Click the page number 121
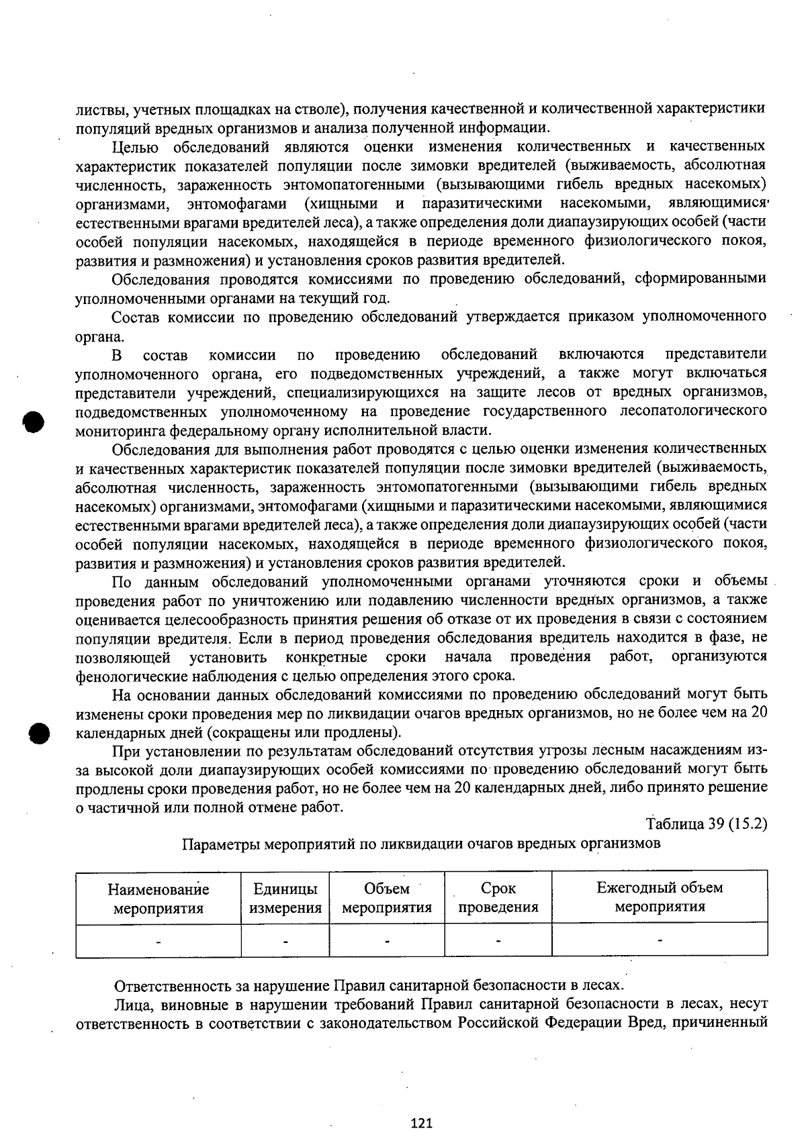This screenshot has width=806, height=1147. point(421,1123)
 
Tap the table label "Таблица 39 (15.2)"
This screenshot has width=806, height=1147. point(707,824)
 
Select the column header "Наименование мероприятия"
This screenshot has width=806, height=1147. point(159,899)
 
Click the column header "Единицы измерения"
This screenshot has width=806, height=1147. point(285,899)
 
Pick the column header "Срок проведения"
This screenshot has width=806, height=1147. point(498,898)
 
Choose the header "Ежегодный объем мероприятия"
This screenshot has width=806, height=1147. point(660,897)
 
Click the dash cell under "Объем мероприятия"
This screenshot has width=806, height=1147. point(387,941)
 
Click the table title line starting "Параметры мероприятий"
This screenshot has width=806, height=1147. point(421,843)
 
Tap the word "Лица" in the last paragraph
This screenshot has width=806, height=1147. point(130,1005)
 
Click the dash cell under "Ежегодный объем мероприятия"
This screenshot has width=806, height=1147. point(660,941)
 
